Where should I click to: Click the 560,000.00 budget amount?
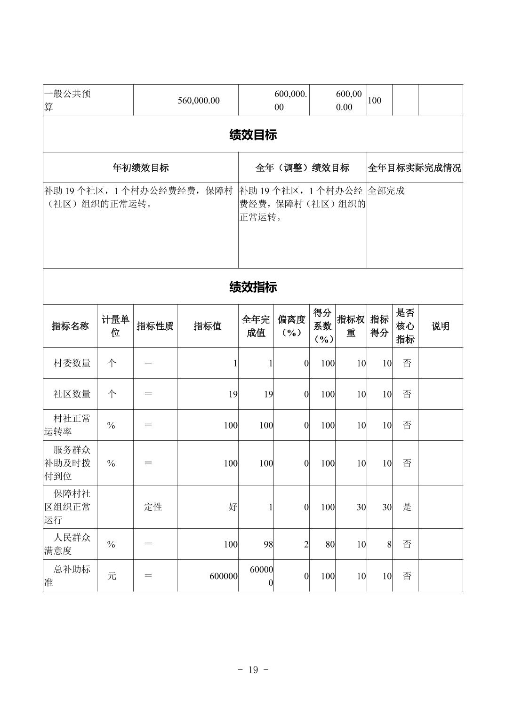(x=199, y=100)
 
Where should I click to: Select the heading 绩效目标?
(x=253, y=135)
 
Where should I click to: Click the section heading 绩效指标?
(x=253, y=287)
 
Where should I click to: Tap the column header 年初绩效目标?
(x=140, y=167)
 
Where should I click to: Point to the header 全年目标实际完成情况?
(x=414, y=167)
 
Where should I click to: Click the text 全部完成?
(x=386, y=191)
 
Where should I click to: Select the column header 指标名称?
(x=70, y=326)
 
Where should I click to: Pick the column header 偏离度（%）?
(x=291, y=326)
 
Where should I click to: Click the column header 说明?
(x=440, y=326)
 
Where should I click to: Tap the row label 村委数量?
(x=72, y=363)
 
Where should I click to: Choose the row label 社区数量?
(x=72, y=394)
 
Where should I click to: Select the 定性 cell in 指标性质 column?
(x=153, y=507)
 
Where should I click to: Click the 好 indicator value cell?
(x=233, y=507)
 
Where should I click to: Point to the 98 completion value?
(x=268, y=544)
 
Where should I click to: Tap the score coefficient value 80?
(x=329, y=544)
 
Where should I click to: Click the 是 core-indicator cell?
(x=407, y=507)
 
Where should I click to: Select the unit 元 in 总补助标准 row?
(x=112, y=576)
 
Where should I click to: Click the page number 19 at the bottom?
(x=253, y=670)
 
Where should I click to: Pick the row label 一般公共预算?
(x=67, y=100)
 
